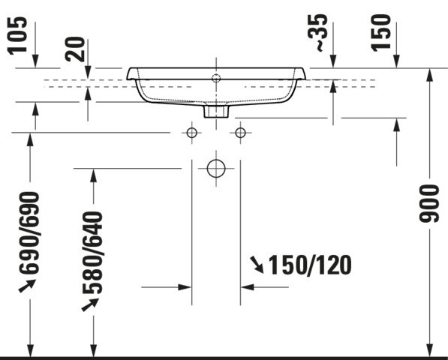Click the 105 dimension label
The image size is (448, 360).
point(17,35)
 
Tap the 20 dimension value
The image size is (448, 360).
point(76,49)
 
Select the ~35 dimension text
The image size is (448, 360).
point(317,33)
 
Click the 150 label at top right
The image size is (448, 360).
point(381,33)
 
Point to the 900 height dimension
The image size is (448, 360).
point(428,203)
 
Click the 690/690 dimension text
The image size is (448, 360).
point(29,232)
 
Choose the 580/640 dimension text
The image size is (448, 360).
point(92,253)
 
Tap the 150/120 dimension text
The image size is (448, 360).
point(310,265)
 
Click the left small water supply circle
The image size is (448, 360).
point(191,133)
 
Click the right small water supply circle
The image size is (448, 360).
point(240,133)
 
